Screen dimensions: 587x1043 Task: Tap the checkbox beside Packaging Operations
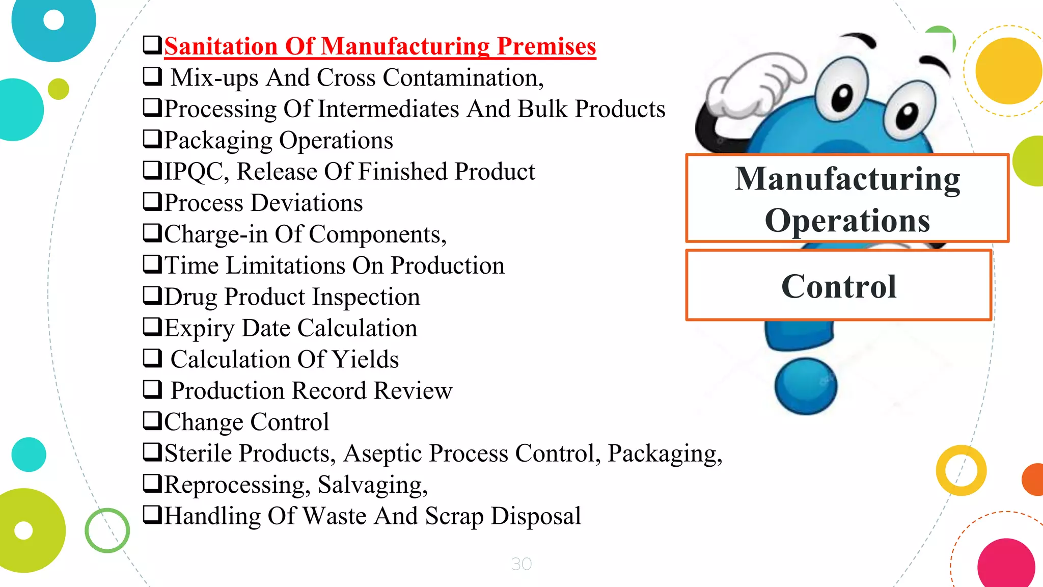152,139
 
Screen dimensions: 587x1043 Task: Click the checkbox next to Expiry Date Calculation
152,327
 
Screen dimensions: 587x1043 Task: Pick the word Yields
366,359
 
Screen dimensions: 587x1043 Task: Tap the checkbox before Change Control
152,421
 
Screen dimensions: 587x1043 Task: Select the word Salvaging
372,485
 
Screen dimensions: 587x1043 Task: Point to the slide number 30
521,564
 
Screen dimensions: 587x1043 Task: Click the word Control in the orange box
839,286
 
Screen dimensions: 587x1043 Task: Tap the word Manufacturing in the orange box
847,179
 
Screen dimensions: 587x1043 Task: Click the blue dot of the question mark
806,386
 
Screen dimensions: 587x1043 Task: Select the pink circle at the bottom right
1006,565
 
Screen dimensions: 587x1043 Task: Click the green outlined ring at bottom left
107,530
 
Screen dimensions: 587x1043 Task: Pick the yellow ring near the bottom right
961,470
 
